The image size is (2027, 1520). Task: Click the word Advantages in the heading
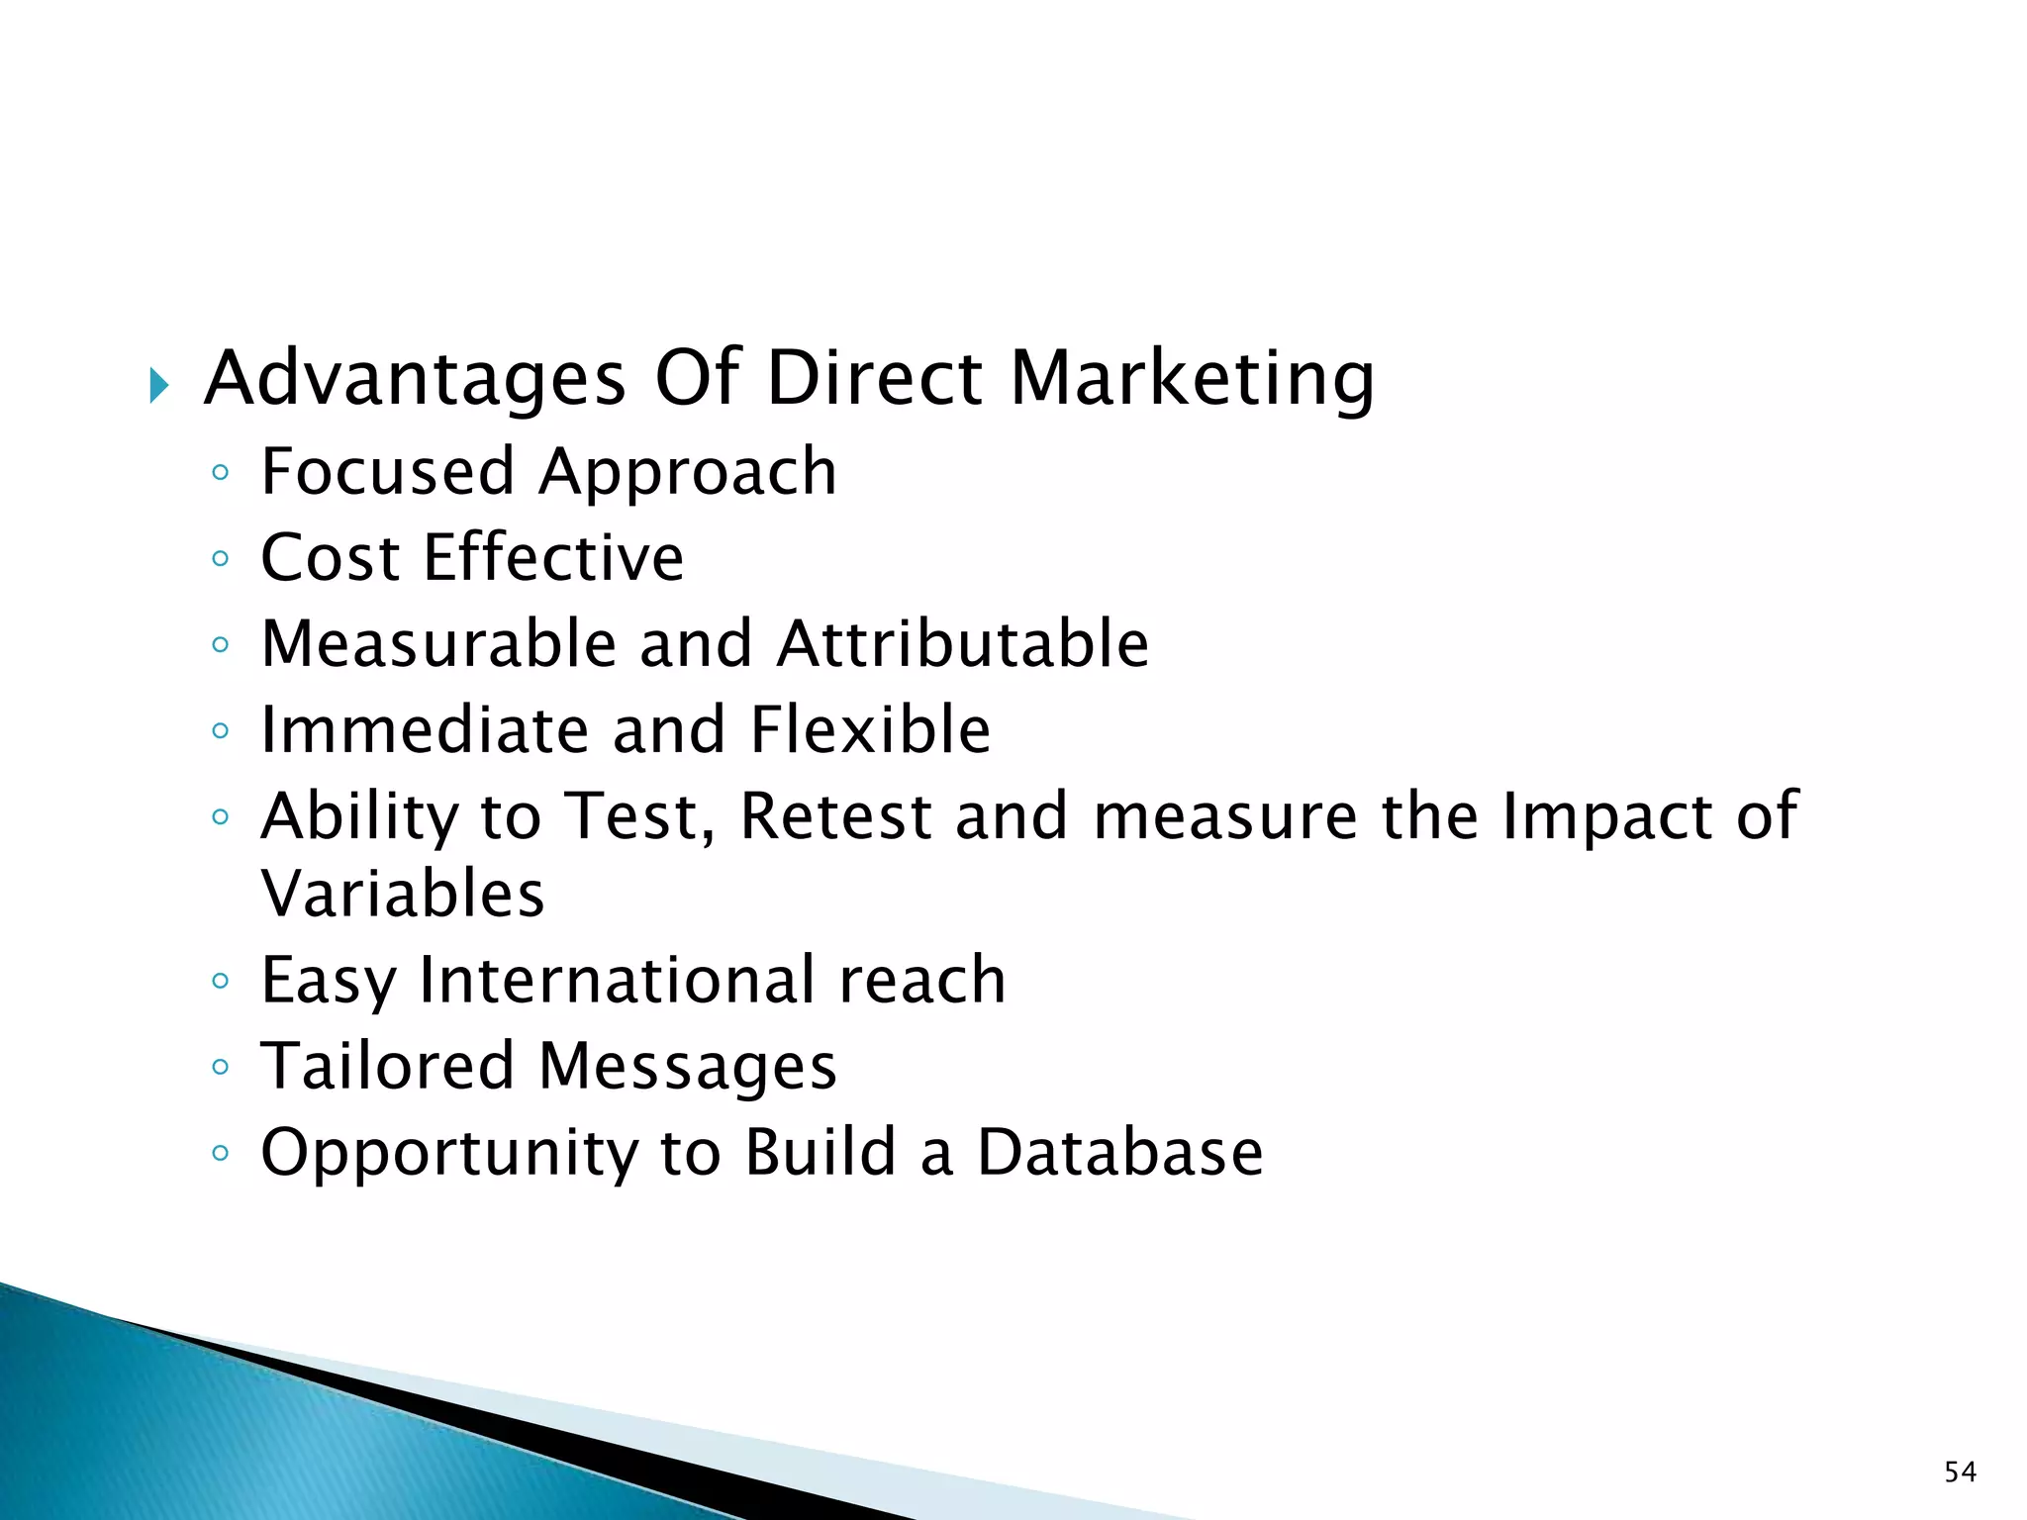click(x=415, y=378)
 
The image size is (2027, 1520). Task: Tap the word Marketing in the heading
click(x=1192, y=378)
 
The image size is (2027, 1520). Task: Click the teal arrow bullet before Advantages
click(x=159, y=385)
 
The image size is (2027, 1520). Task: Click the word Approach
click(x=688, y=473)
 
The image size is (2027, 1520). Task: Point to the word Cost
click(x=330, y=557)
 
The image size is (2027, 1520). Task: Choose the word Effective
click(x=553, y=557)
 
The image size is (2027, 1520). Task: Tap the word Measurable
click(x=438, y=644)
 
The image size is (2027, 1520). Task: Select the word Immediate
click(x=424, y=730)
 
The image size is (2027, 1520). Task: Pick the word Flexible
click(x=870, y=730)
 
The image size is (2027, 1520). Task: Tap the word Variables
click(x=403, y=894)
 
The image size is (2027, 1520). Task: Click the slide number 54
click(x=1960, y=1472)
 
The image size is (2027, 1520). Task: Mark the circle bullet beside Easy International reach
click(x=221, y=982)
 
